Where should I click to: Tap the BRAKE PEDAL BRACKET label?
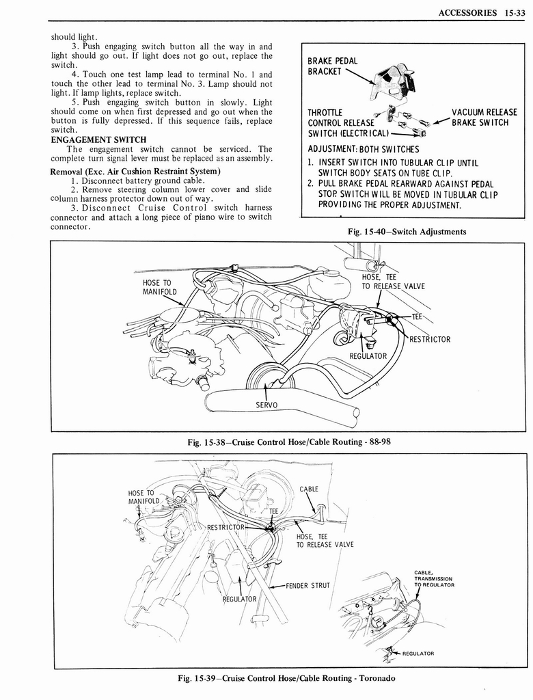(333, 66)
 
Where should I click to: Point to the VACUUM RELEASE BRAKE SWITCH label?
(483, 118)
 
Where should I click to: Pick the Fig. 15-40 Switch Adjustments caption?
(407, 231)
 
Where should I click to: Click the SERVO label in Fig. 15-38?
(266, 405)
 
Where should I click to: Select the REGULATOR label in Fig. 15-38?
(368, 355)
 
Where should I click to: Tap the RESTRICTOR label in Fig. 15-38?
(430, 339)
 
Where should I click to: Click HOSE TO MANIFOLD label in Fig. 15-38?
(159, 287)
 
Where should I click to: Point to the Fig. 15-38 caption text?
(288, 442)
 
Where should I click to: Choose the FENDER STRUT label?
(307, 585)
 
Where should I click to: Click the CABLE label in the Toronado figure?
(309, 489)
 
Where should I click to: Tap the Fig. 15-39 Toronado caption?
(288, 678)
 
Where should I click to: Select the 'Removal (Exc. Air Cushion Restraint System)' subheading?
(135, 170)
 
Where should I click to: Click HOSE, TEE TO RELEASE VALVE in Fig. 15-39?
(325, 540)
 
